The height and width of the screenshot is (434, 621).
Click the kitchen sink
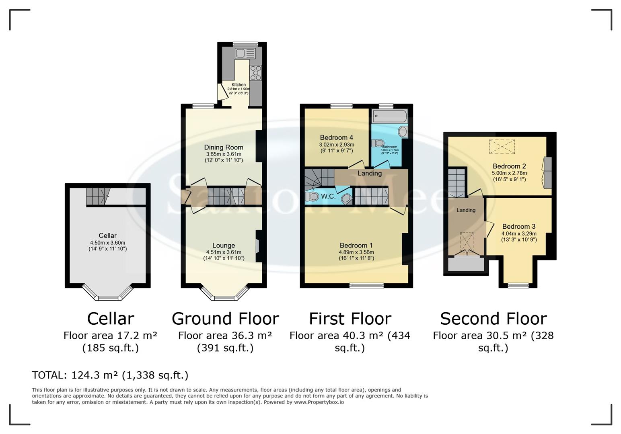(245, 53)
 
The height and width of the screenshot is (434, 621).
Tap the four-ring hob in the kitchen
(255, 73)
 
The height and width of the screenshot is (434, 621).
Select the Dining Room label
(224, 147)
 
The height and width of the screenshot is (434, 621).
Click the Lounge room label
(224, 246)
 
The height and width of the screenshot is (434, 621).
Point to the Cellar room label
(107, 235)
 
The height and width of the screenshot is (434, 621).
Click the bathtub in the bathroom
(389, 117)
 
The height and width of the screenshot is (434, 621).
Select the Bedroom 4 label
(336, 137)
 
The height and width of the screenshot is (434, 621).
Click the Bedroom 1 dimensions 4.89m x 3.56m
(356, 252)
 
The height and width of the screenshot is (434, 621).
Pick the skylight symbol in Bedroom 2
(502, 146)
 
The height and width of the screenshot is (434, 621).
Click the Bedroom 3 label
(518, 227)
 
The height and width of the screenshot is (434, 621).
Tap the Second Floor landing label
(466, 210)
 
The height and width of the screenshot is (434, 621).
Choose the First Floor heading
(350, 319)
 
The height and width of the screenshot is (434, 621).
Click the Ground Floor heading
(225, 319)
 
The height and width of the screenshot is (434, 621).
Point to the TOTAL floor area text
(110, 375)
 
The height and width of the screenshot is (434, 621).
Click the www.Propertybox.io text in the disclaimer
(319, 402)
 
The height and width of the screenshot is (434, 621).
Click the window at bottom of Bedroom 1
(366, 286)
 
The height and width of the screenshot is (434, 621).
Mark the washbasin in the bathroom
(402, 131)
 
